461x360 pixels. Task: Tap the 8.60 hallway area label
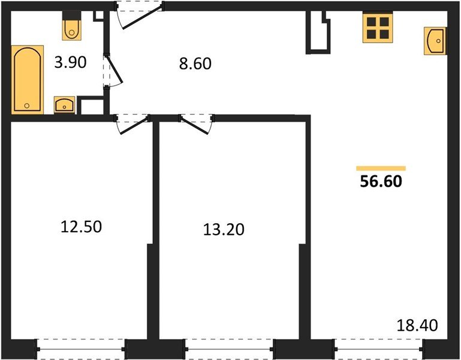pos(195,63)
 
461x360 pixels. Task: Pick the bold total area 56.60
pos(381,181)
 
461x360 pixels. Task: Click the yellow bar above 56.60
pos(381,169)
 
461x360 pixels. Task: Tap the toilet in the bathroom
pos(72,28)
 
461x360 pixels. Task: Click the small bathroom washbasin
pos(64,105)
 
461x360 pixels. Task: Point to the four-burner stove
pos(378,28)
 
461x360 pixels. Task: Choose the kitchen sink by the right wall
pos(435,41)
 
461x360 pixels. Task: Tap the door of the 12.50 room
pos(132,123)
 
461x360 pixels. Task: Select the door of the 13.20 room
pos(197,123)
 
